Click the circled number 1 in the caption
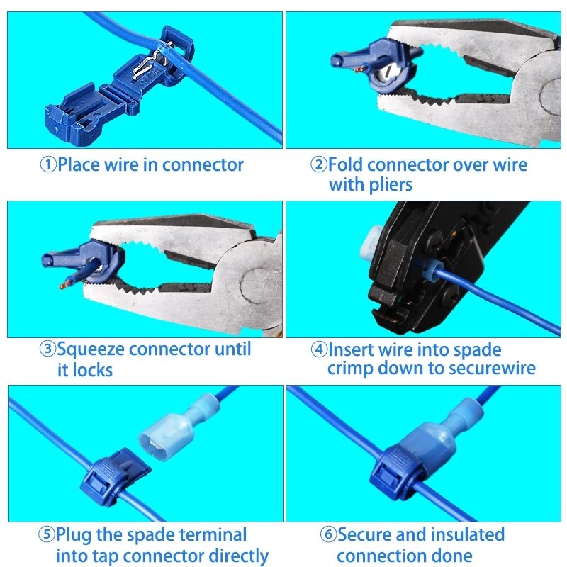[x=48, y=165]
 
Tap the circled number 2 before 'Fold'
[x=318, y=165]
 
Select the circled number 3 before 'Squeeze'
[x=47, y=349]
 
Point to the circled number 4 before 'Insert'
[x=318, y=349]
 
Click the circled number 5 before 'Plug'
[x=47, y=534]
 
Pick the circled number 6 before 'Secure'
[x=328, y=534]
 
